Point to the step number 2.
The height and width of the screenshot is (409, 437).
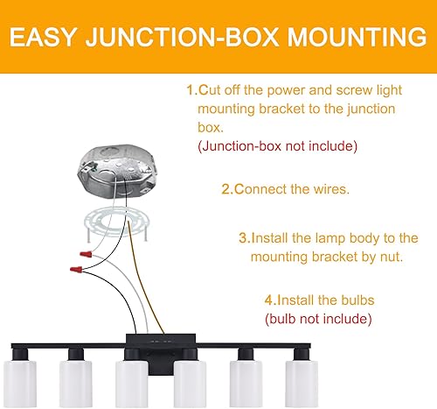(x=226, y=188)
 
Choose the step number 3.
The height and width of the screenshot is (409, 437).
(x=244, y=237)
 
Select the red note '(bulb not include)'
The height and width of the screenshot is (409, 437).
(x=318, y=320)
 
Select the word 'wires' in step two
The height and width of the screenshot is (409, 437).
(x=329, y=188)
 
